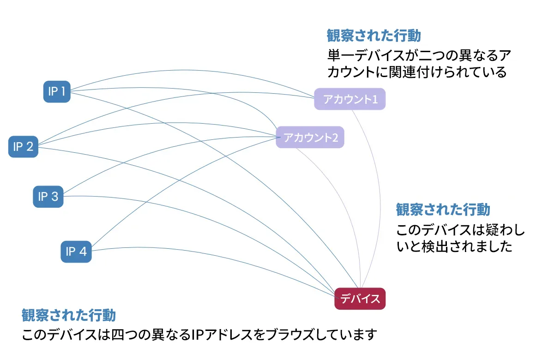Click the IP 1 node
click(x=57, y=91)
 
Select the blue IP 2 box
click(x=23, y=147)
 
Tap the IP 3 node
click(x=48, y=197)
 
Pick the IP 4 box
click(x=76, y=252)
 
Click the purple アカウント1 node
click(x=350, y=99)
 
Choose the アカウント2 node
click(x=310, y=137)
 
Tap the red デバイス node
click(x=360, y=299)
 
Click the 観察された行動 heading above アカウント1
click(x=374, y=36)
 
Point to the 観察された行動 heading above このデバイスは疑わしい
click(x=443, y=210)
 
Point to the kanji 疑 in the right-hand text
click(x=493, y=230)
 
